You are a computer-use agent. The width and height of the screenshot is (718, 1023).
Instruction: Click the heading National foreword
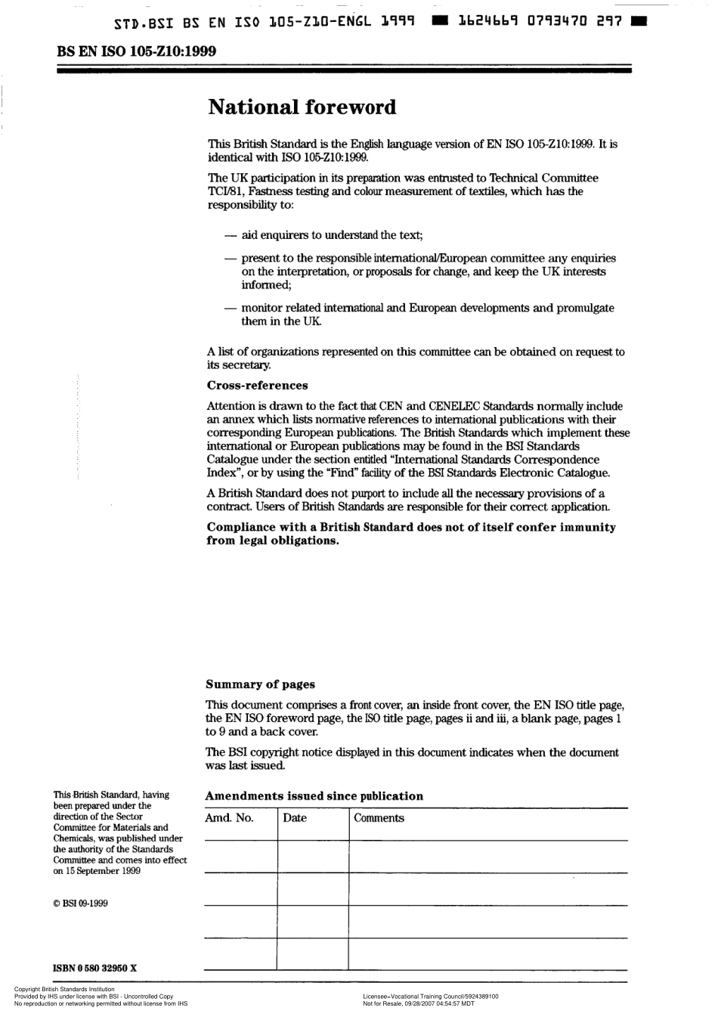[x=302, y=107]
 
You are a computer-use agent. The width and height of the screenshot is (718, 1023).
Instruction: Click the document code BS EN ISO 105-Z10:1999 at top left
[x=136, y=51]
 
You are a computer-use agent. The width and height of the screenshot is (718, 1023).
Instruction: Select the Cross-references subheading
[x=257, y=386]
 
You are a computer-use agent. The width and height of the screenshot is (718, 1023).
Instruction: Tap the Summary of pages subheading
[x=260, y=684]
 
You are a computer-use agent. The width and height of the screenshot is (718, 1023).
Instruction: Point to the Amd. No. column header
[x=229, y=818]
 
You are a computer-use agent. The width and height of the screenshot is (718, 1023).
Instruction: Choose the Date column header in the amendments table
[x=295, y=818]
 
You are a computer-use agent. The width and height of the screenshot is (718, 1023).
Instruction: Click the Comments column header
[x=379, y=818]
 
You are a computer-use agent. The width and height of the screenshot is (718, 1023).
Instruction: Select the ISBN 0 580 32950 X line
[x=95, y=968]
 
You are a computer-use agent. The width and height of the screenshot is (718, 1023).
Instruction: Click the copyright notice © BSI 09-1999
[x=80, y=903]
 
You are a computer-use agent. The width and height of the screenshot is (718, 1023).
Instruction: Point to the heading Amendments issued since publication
[x=314, y=796]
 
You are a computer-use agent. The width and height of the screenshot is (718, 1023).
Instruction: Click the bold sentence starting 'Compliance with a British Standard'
[x=410, y=527]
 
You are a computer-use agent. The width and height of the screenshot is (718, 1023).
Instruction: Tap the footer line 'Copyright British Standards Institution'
[x=64, y=989]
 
